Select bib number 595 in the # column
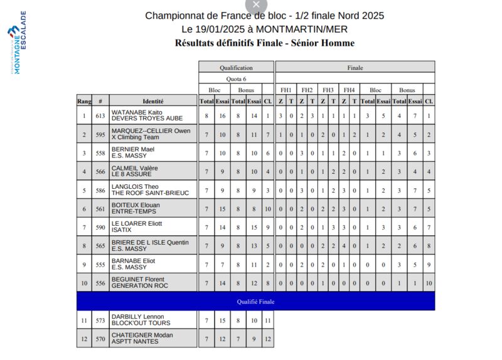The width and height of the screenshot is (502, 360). tap(100, 134)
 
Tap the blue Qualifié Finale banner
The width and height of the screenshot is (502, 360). tap(255, 302)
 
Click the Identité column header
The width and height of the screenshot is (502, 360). tap(153, 101)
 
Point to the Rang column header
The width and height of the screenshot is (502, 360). tap(84, 101)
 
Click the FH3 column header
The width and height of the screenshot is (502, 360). tap(328, 90)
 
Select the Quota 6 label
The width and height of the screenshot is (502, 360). tap(236, 78)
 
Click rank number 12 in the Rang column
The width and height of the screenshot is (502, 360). tap(84, 339)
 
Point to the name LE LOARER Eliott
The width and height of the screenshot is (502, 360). tap(137, 223)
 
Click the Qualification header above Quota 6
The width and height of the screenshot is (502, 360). tap(236, 67)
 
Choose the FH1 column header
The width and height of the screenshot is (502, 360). tap(286, 90)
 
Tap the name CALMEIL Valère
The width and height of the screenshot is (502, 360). tap(134, 168)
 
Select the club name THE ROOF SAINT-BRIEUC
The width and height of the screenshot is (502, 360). tap(150, 193)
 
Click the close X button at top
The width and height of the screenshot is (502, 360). tap(255, 4)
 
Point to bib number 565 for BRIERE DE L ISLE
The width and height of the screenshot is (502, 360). tap(100, 245)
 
